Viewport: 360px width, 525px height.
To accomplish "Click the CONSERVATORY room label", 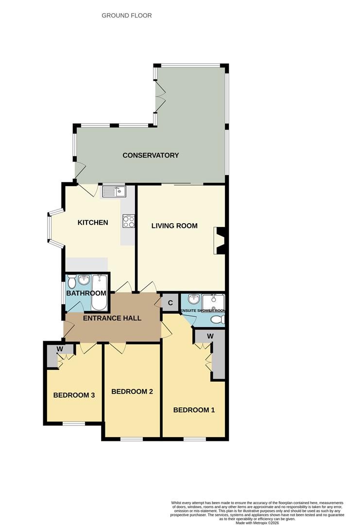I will pyautogui.click(x=151, y=156).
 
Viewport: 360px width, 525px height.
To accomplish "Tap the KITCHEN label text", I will pyautogui.click(x=93, y=223).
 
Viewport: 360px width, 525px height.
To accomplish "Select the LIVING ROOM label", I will pyautogui.click(x=174, y=226).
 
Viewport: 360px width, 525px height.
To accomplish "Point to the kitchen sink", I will pyautogui.click(x=114, y=192).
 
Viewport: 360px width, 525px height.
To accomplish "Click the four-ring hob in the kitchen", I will pyautogui.click(x=129, y=222).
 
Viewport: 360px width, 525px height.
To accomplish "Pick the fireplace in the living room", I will pyautogui.click(x=220, y=241).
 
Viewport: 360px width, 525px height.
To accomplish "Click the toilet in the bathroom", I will pyautogui.click(x=72, y=282).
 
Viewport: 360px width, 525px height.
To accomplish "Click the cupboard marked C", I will pyautogui.click(x=170, y=302).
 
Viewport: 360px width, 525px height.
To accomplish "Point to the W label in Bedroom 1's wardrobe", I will pyautogui.click(x=211, y=336).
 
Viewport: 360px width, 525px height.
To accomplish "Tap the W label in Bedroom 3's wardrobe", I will pyautogui.click(x=60, y=349).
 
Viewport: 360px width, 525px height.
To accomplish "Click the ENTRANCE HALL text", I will pyautogui.click(x=112, y=318).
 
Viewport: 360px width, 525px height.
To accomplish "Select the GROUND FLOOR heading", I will pyautogui.click(x=127, y=16).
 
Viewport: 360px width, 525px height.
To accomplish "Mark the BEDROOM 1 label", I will pyautogui.click(x=194, y=410).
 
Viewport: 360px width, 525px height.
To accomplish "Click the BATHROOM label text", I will pyautogui.click(x=86, y=293).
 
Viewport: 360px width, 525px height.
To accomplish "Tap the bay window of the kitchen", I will pyautogui.click(x=50, y=227).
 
